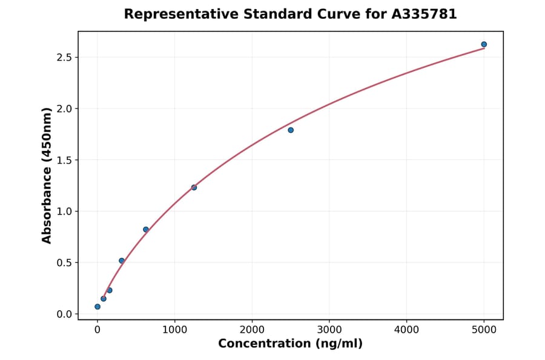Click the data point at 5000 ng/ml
point(484,44)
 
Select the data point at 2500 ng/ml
point(291,130)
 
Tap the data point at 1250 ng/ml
point(194,187)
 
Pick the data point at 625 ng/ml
point(146,229)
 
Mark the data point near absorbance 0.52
point(122,261)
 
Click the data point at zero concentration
point(97,307)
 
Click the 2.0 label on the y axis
point(64,109)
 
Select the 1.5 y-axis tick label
point(64,160)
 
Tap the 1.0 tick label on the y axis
point(64,212)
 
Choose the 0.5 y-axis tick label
point(64,263)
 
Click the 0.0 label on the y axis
point(64,314)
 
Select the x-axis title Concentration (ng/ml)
point(291,344)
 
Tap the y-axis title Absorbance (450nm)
point(47,176)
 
